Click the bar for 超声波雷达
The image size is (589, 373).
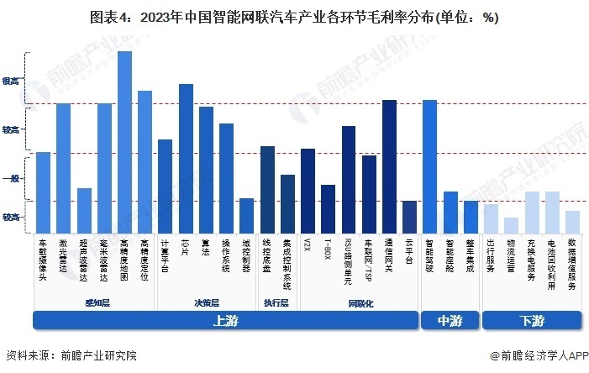[84, 210]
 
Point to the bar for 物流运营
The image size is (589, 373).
[511, 225]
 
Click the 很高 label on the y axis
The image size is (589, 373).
[11, 81]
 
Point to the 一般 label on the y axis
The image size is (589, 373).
[11, 178]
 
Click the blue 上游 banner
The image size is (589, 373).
[225, 320]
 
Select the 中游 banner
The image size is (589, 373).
[450, 320]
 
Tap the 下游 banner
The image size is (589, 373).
[531, 320]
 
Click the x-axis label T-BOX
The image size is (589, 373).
[329, 250]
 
